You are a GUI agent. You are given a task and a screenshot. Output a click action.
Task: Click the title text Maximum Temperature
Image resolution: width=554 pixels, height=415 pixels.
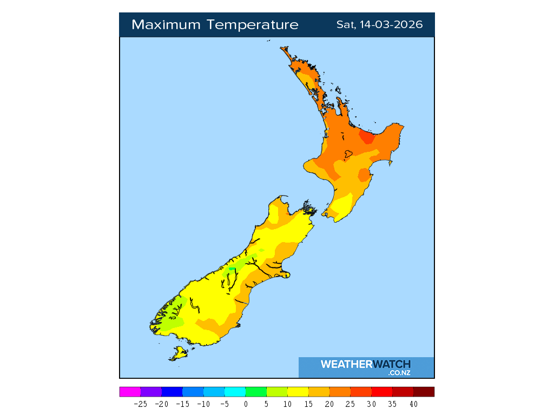(215, 25)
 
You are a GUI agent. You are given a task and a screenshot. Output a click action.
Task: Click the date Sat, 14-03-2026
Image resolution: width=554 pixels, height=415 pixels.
(379, 25)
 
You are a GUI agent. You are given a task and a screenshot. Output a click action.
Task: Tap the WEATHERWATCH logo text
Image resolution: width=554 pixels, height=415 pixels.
(365, 364)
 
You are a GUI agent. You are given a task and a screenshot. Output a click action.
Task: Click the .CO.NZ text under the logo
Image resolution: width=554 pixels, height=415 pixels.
(399, 373)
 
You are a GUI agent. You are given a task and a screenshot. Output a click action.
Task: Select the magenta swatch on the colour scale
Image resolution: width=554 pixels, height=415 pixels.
(130, 392)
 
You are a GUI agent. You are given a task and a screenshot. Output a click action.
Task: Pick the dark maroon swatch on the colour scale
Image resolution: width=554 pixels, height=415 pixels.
(424, 392)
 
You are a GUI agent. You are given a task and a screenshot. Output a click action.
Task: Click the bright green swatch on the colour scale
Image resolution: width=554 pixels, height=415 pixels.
(256, 392)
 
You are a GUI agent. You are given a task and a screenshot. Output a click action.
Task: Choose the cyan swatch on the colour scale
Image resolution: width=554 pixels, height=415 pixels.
(235, 392)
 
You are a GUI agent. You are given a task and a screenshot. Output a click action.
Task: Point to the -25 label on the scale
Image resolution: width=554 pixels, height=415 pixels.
(140, 404)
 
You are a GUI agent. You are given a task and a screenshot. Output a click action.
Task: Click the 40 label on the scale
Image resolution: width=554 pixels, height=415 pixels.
(413, 404)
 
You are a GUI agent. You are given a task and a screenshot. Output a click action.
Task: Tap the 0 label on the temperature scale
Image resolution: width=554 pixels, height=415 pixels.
(246, 404)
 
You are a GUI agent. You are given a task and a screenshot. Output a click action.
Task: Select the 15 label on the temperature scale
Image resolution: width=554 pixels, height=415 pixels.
(308, 404)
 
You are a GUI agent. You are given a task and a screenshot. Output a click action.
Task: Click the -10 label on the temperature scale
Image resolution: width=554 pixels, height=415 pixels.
(203, 404)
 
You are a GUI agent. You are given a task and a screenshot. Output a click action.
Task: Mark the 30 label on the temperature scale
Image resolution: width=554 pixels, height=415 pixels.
(372, 404)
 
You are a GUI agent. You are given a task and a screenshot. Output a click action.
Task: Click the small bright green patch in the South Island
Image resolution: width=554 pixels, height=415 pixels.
(233, 269)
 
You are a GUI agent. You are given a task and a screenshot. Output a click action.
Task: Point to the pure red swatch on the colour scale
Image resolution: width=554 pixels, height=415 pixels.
(382, 392)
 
